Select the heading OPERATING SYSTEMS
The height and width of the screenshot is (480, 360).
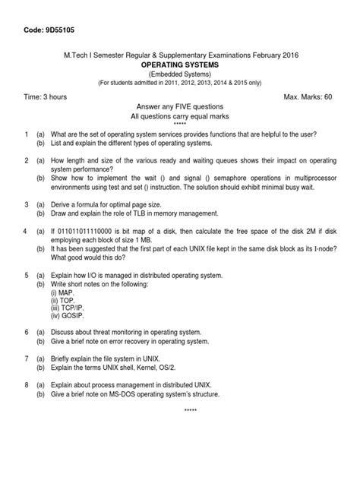click(179, 65)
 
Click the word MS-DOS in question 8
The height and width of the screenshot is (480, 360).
click(135, 394)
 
